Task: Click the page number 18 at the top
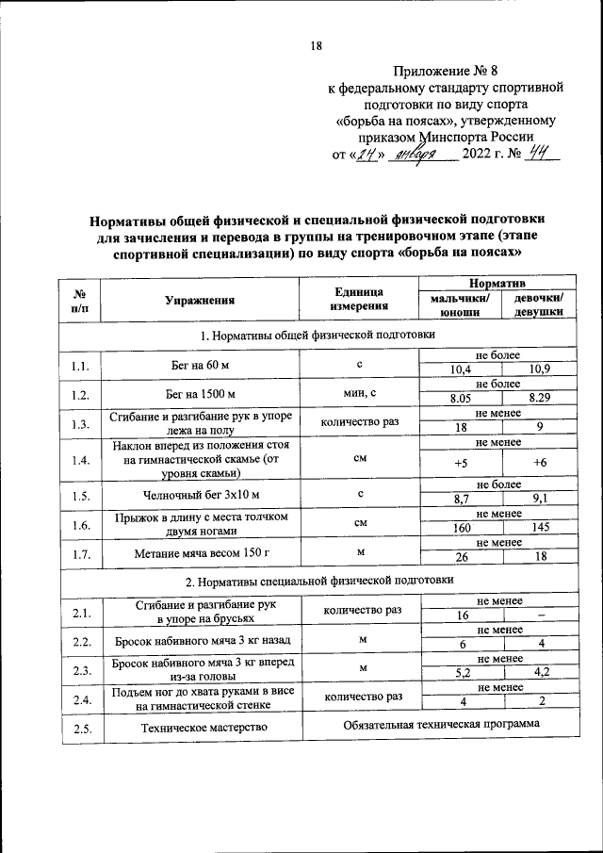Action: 318,46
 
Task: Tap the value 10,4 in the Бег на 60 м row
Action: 461,369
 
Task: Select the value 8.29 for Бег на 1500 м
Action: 540,398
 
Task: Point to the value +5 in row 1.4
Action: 461,463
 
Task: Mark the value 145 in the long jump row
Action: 540,529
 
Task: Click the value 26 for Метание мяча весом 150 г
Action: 461,558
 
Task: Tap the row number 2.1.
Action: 80,614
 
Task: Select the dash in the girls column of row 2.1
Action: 540,614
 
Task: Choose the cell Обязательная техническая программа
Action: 440,725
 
